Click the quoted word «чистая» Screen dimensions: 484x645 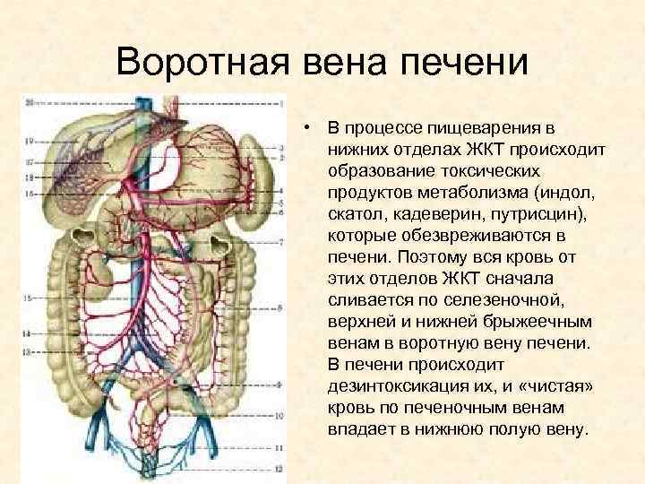tap(540, 386)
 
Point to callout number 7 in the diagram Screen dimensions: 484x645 tap(283, 242)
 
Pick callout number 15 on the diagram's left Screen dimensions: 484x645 tap(28, 298)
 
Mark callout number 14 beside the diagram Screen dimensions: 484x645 tap(28, 333)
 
